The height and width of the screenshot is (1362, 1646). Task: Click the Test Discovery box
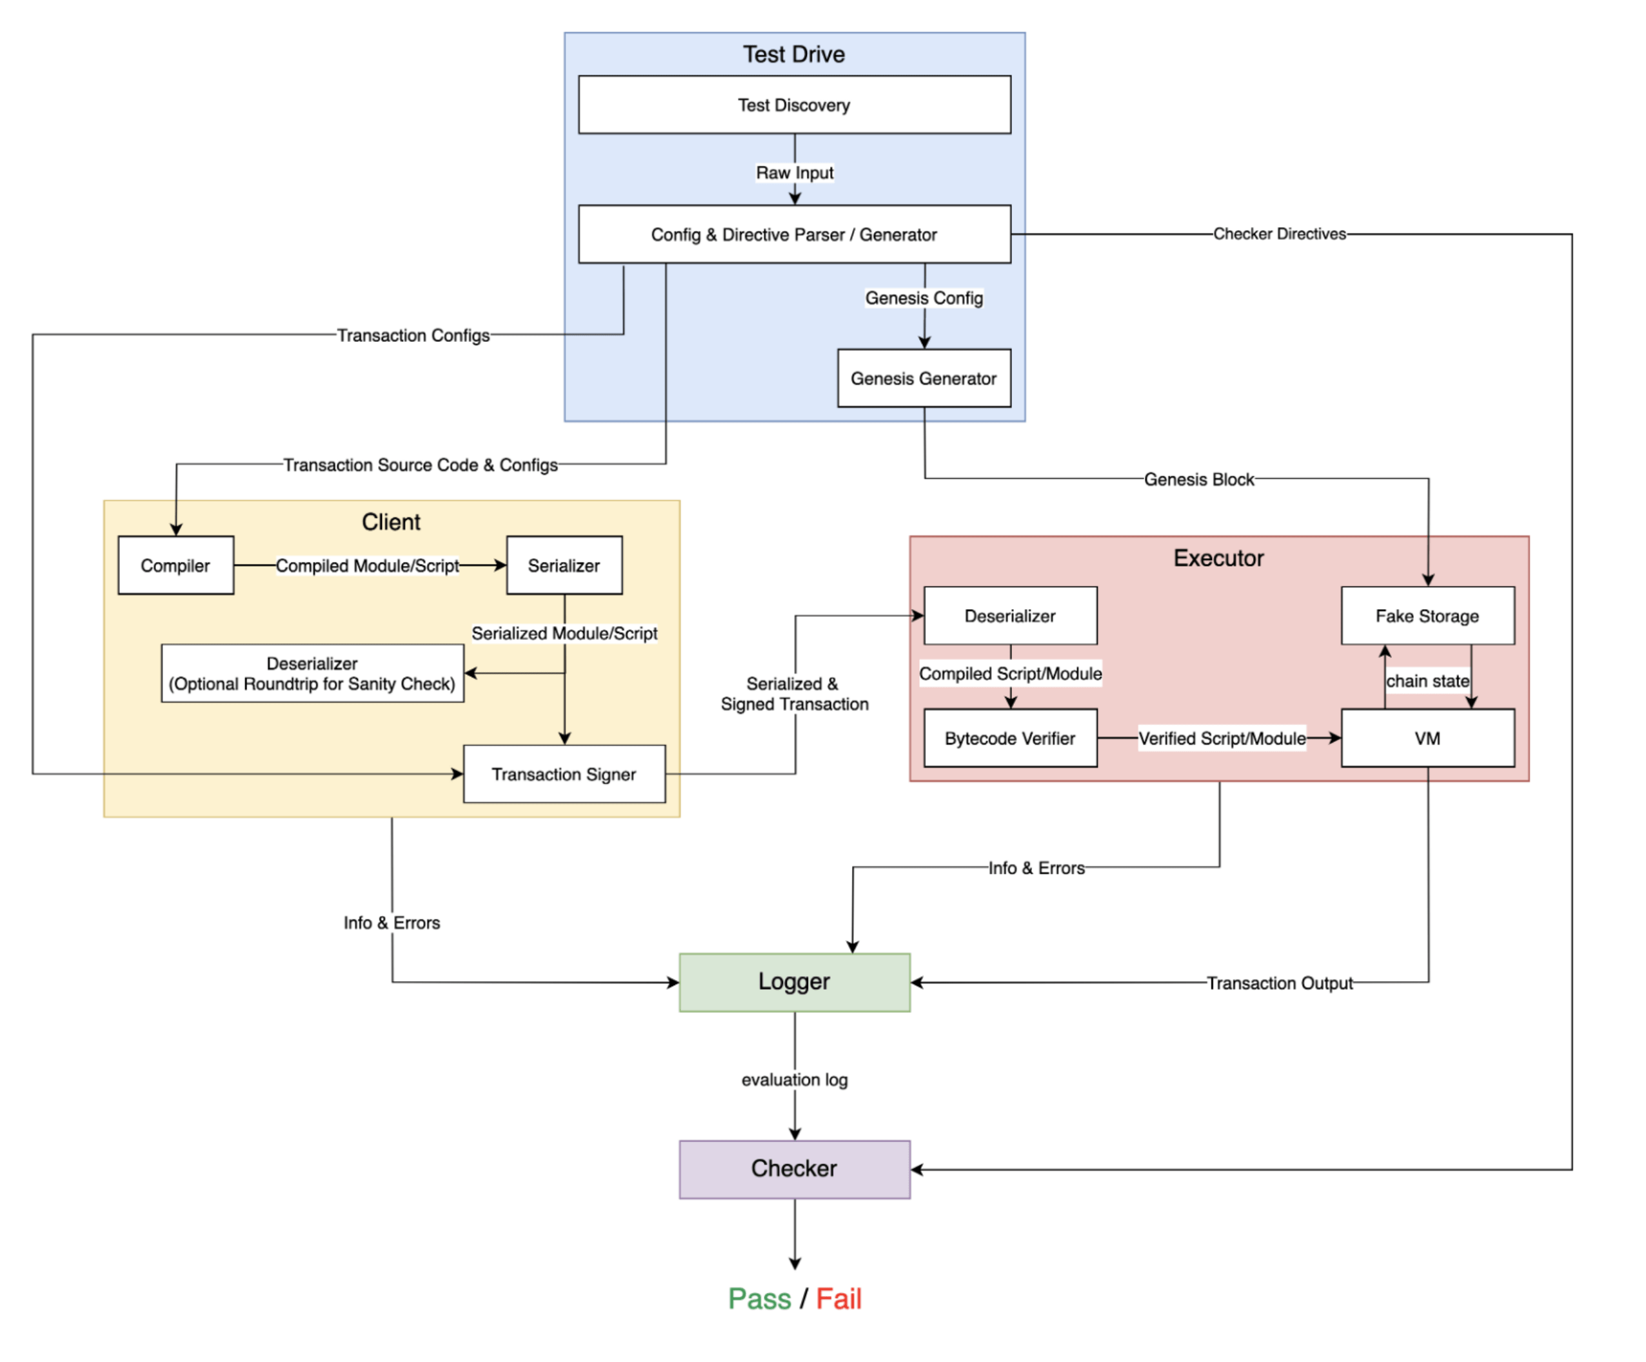[794, 105]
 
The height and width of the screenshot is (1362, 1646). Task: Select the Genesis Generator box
[924, 379]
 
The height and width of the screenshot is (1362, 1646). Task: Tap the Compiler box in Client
[175, 565]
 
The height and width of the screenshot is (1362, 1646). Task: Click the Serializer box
[564, 565]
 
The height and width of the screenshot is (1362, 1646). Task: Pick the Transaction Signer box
[564, 774]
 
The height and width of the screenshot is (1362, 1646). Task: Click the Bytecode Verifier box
[1009, 738]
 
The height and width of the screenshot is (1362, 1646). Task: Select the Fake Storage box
[1427, 616]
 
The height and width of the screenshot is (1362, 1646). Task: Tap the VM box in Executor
[1427, 738]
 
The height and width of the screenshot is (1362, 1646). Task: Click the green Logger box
[794, 982]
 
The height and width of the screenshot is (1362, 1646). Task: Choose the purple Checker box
[794, 1168]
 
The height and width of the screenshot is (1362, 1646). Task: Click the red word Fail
[838, 1299]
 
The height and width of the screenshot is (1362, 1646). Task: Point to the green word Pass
[759, 1299]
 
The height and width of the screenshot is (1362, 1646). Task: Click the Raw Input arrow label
[794, 172]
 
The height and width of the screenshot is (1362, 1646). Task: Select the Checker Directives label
[1278, 234]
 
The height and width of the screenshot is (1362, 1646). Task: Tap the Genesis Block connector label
[1198, 479]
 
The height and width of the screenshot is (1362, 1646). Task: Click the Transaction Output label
[1278, 983]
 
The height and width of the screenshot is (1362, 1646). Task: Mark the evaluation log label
[794, 1079]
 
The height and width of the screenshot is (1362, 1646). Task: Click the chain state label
[1427, 681]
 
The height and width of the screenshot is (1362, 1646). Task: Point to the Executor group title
[1218, 558]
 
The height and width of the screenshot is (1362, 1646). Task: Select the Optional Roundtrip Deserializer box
[312, 674]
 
